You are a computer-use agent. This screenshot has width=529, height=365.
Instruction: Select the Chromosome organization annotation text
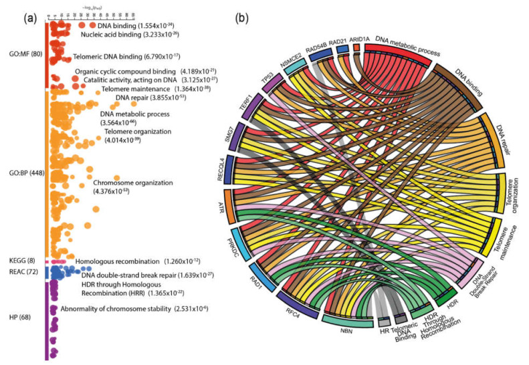(x=133, y=182)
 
